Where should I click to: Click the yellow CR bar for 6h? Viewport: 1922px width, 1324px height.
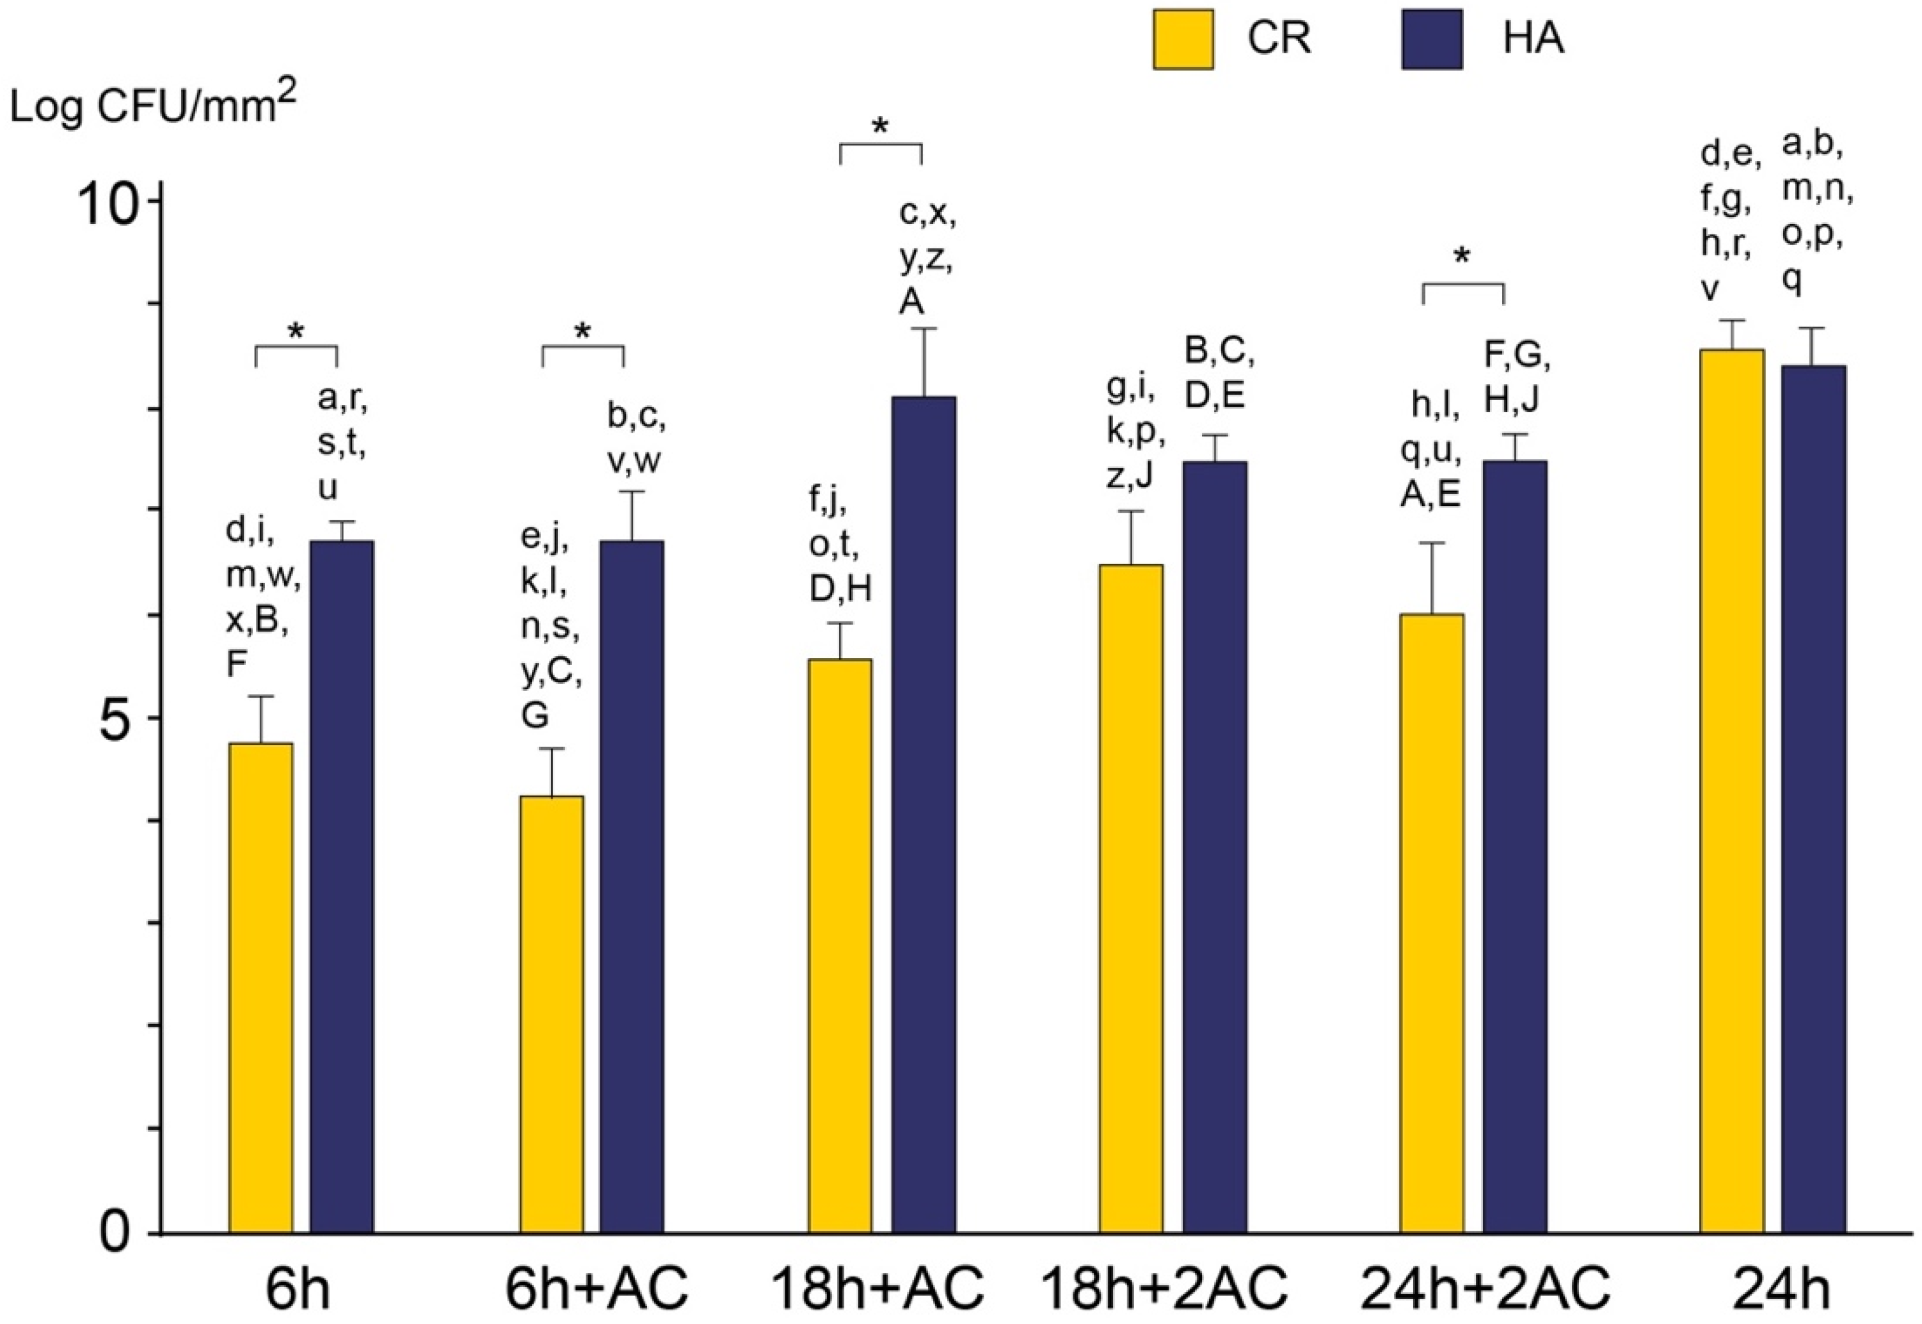260,987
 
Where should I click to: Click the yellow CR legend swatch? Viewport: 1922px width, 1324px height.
1183,39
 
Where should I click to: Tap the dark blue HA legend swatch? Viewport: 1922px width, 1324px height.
1432,39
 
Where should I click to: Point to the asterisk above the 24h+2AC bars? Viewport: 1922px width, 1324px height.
1462,257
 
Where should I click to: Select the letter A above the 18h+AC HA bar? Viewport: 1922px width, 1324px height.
911,303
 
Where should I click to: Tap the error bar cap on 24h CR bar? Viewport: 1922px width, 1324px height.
1731,320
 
